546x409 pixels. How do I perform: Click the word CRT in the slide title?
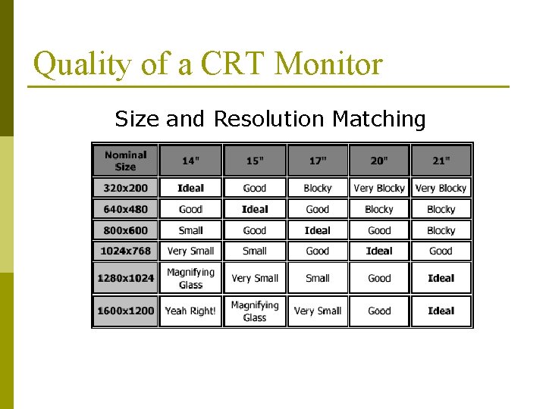(234, 64)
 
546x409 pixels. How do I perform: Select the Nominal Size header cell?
(126, 161)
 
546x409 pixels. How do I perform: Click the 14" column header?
(190, 161)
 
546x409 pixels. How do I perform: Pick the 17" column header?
(317, 161)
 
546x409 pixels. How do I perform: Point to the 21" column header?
(441, 161)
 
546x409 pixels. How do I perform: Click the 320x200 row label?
(126, 188)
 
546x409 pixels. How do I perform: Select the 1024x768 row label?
(126, 251)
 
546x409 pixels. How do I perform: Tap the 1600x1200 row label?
(126, 311)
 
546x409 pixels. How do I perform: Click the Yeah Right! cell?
(190, 311)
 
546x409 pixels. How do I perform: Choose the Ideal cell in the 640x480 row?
(255, 209)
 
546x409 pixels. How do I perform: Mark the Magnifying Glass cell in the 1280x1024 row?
(190, 278)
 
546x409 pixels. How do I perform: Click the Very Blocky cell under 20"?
(379, 188)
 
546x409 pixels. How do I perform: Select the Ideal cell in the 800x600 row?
(317, 230)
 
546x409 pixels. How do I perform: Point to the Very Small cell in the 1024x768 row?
(190, 251)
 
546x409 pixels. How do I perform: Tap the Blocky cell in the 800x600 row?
(441, 230)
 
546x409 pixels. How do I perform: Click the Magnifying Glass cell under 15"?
(255, 311)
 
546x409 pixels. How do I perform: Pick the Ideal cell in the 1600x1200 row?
(441, 311)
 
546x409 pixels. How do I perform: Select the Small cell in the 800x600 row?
(190, 230)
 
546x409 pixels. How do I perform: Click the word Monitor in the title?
(328, 64)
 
